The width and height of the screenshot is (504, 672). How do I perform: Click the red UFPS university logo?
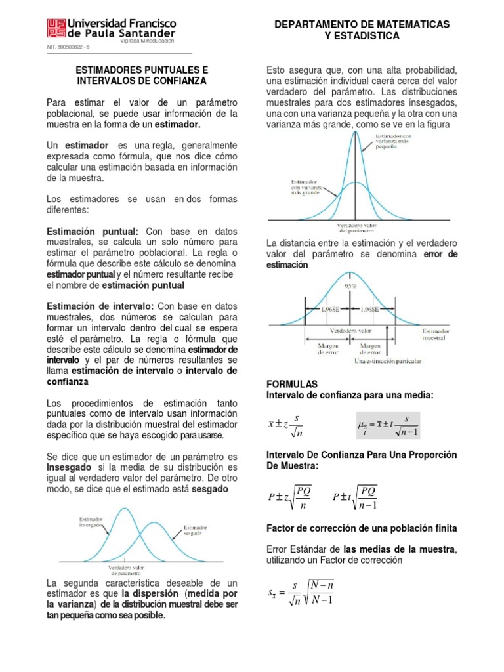click(56, 28)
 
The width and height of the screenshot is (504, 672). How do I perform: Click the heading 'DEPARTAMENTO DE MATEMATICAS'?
click(362, 24)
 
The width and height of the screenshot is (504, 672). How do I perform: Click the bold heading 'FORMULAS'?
click(291, 383)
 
